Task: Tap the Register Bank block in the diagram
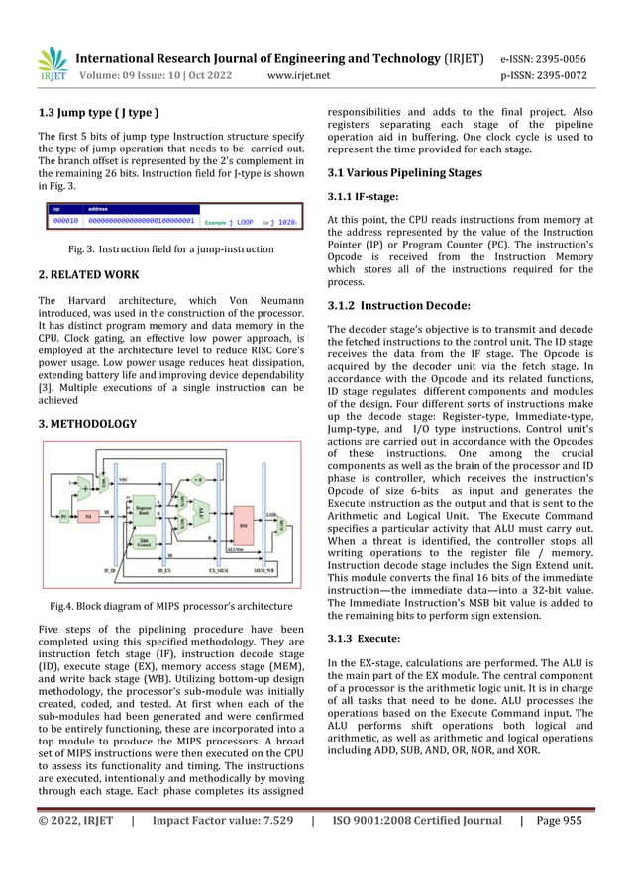[x=145, y=509]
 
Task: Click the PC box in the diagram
[x=64, y=516]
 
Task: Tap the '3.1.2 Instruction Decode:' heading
[x=398, y=305]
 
